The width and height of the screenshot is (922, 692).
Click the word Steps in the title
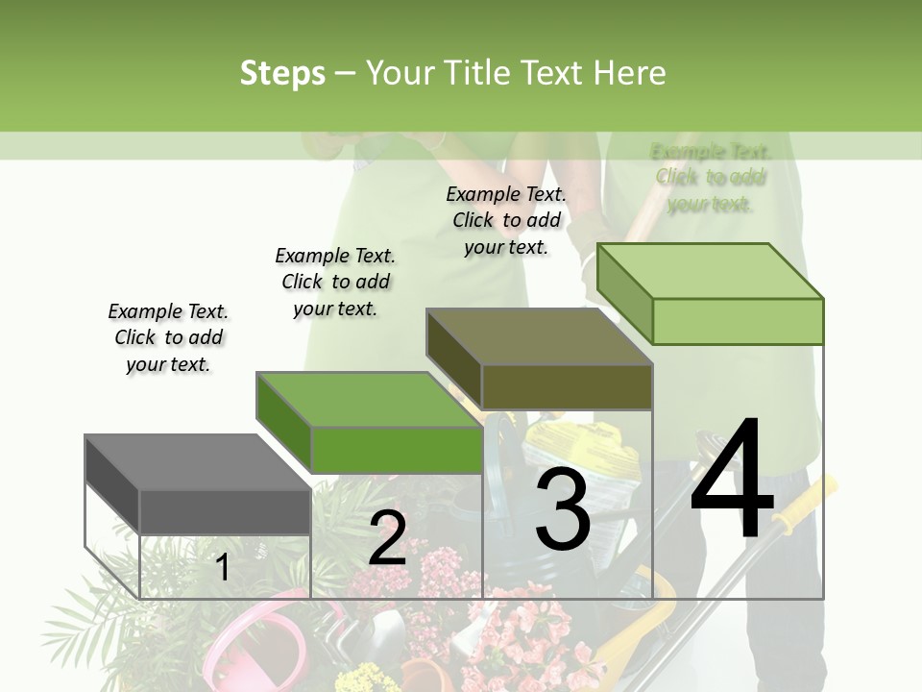(x=282, y=73)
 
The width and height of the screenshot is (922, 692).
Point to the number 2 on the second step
(x=387, y=538)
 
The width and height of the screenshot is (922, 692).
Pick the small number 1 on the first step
(x=222, y=567)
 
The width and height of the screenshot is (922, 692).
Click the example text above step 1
(x=168, y=337)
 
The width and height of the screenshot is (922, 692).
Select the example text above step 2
(x=335, y=282)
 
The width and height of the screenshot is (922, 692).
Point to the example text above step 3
(x=506, y=220)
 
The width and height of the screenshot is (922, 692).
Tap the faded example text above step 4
(x=711, y=178)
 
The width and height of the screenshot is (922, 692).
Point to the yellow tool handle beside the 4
(x=807, y=502)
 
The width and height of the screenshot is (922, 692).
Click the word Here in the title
(x=629, y=73)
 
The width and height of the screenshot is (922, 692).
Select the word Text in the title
(x=552, y=73)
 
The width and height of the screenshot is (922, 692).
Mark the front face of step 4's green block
(x=738, y=321)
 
